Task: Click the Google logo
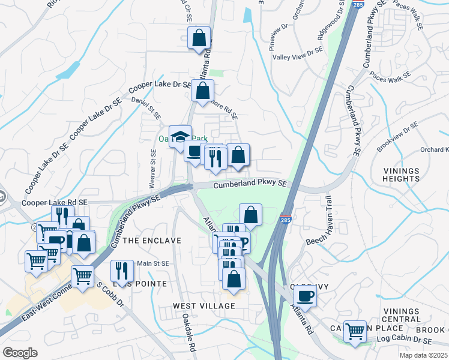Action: tap(19, 352)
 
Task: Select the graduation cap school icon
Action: tap(180, 137)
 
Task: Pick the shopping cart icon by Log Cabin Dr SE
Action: tap(355, 331)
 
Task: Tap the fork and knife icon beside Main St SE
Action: tap(121, 271)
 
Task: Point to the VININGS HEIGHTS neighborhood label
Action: tap(401, 175)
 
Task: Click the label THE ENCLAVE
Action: tap(151, 241)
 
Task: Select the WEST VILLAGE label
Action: tap(204, 306)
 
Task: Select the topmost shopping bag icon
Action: tap(199, 38)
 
